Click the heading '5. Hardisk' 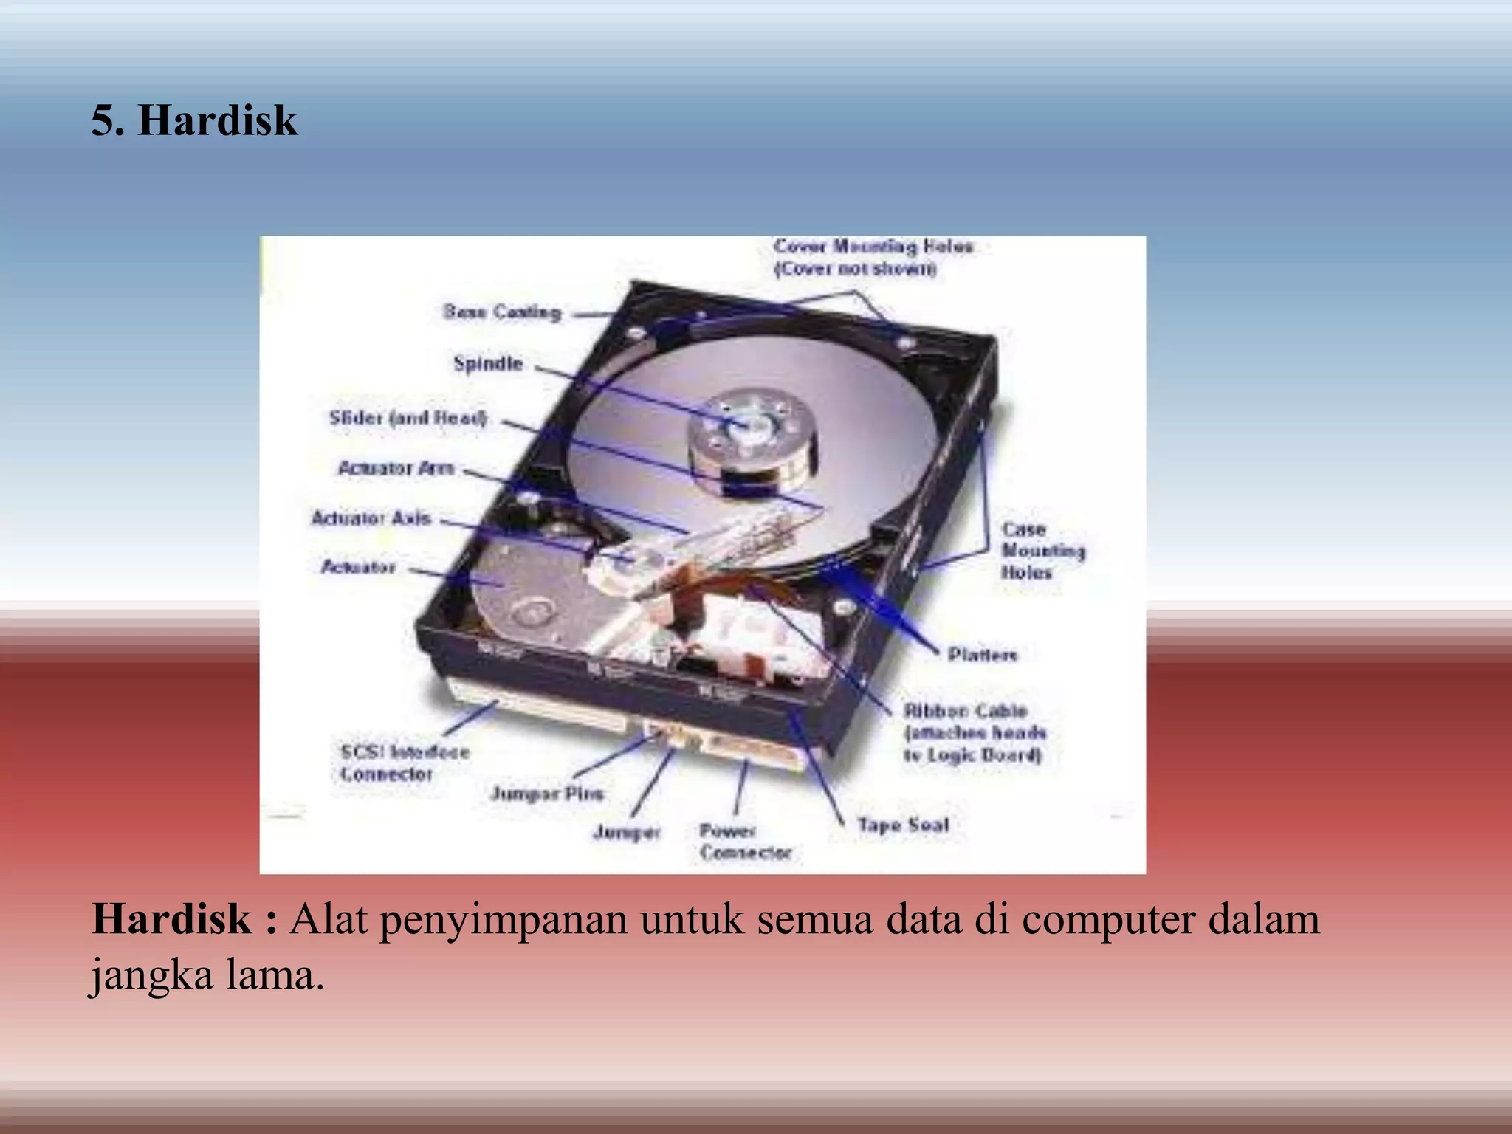point(195,120)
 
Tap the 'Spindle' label point(488,363)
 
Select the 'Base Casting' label point(502,312)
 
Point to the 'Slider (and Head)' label point(408,418)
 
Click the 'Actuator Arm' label point(396,468)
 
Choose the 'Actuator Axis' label point(371,518)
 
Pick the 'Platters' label point(983,654)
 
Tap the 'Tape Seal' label point(902,825)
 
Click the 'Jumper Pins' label point(547,794)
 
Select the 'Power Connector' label point(745,842)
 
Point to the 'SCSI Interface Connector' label point(405,763)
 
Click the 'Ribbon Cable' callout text point(975,732)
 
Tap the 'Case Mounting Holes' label point(1042,551)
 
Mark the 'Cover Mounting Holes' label point(873,256)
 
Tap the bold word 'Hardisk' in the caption point(171,919)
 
